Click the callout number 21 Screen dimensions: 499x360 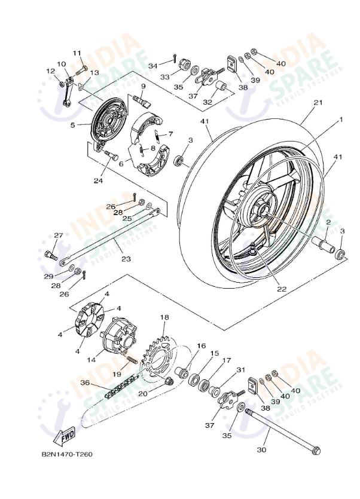click(318, 103)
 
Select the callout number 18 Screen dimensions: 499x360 click(164, 317)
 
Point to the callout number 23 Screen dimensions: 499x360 click(126, 259)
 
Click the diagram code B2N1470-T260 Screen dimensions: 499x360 click(67, 455)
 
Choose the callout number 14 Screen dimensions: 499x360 click(91, 360)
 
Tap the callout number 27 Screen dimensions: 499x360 click(59, 235)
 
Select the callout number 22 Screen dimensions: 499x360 click(281, 289)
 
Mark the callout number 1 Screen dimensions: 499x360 click(342, 120)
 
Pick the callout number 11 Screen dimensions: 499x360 click(77, 53)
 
